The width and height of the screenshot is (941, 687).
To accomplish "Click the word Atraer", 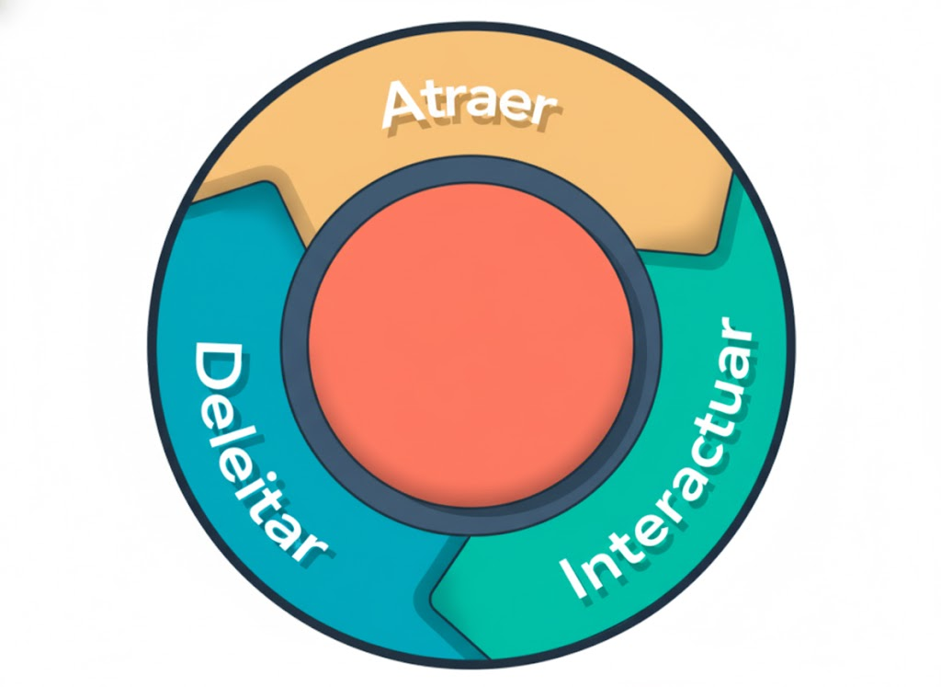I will (469, 104).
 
